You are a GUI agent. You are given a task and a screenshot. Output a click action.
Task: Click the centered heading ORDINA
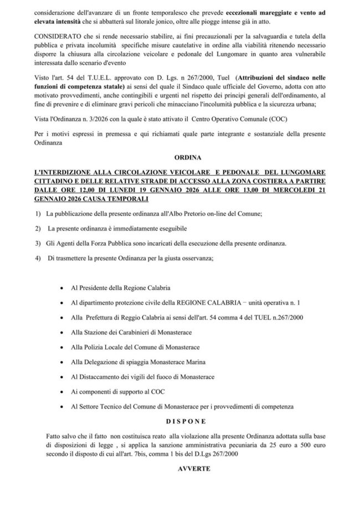point(180,156)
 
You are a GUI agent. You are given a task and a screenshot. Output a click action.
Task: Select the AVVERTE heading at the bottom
point(180,468)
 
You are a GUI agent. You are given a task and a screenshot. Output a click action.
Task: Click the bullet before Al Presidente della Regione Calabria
point(60,289)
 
